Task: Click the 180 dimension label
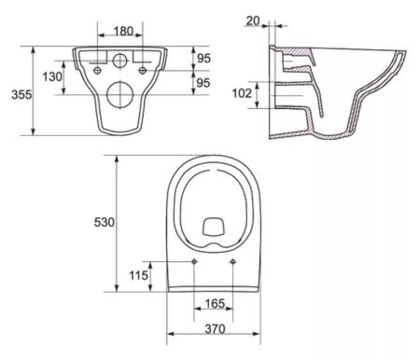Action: [x=123, y=31]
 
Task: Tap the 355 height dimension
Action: [x=21, y=94]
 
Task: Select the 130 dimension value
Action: [x=52, y=76]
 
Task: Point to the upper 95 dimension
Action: [x=203, y=58]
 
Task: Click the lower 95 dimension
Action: [x=203, y=83]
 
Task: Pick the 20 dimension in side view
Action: [x=253, y=21]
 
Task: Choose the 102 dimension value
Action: [x=242, y=93]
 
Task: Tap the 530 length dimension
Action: [x=105, y=222]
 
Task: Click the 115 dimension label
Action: [x=138, y=275]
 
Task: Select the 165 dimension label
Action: [x=215, y=303]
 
